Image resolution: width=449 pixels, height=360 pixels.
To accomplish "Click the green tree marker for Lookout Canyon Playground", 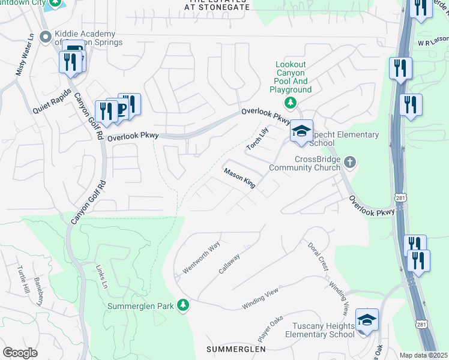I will [x=291, y=103].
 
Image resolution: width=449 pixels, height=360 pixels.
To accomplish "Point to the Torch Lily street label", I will [x=256, y=139].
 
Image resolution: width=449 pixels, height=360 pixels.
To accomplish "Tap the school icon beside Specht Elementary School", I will [x=301, y=132].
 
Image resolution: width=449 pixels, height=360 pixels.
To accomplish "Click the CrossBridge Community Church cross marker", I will [x=351, y=163].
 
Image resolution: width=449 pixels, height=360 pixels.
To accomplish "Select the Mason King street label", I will [x=240, y=178].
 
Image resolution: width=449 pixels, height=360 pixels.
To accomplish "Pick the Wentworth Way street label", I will [x=202, y=258].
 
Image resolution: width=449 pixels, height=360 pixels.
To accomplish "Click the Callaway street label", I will [x=229, y=264].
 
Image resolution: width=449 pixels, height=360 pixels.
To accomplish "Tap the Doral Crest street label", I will [x=318, y=256].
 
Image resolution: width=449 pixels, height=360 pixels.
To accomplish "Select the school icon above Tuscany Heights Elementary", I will [x=367, y=320].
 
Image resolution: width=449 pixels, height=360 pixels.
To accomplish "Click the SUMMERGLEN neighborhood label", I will [x=235, y=349].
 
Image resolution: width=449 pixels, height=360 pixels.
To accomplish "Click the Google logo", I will [x=20, y=352].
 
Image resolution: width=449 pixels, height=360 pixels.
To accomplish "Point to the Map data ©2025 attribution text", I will [x=423, y=355].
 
